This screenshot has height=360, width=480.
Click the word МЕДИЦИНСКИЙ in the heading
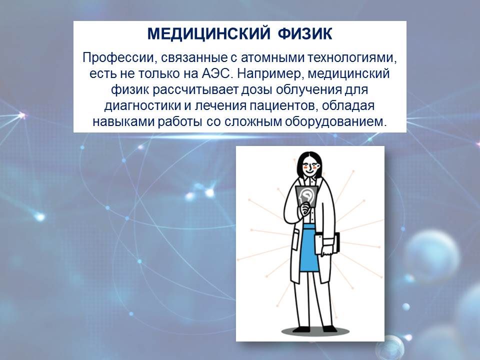point(209,33)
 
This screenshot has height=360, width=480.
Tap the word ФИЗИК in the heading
point(305,33)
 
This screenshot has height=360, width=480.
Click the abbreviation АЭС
point(215,74)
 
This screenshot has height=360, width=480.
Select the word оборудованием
point(334,122)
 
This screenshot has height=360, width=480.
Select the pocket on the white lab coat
point(297,238)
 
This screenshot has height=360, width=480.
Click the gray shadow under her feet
point(315,331)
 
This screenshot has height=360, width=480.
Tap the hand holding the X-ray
point(305,209)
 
